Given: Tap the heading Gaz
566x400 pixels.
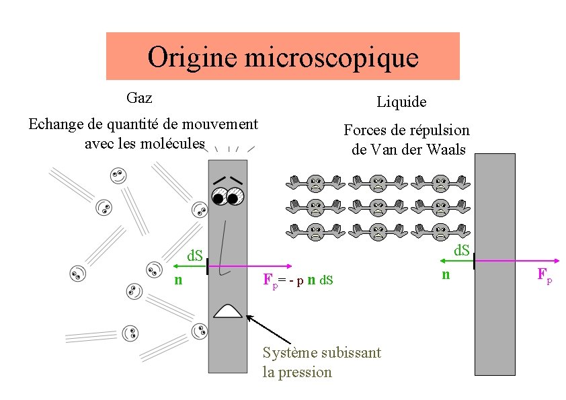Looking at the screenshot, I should point(139,98).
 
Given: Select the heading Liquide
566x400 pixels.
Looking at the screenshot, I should point(401,102).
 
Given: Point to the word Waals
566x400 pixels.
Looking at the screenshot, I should point(444,149).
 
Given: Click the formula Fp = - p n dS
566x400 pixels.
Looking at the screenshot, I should point(298,280).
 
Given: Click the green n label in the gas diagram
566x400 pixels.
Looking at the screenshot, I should point(178,280).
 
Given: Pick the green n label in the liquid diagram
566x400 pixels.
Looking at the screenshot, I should point(445,274).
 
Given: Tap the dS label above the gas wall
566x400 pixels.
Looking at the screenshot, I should point(195,256).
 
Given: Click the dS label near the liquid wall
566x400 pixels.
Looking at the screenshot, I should point(461,251).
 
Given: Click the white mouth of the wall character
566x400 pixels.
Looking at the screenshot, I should point(228,311).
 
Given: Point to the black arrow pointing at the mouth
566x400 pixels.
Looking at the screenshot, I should point(269,329).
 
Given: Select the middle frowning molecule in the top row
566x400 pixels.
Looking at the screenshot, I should point(379,183).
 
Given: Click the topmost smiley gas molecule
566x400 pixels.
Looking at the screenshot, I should point(118,176).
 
